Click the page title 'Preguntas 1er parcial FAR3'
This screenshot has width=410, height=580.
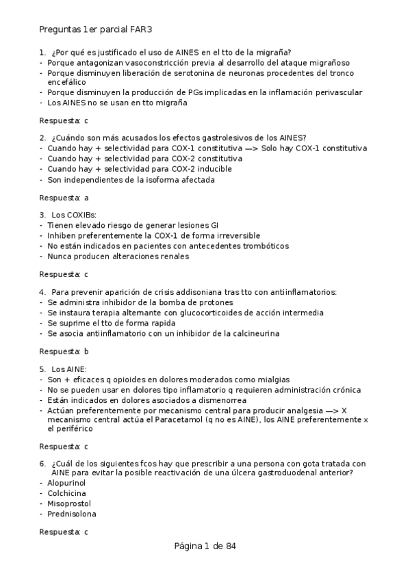click(x=100, y=30)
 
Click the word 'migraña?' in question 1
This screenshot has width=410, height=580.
click(x=273, y=52)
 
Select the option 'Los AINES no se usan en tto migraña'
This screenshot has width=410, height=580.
click(x=118, y=103)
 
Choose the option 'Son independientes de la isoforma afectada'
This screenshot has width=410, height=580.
click(x=131, y=180)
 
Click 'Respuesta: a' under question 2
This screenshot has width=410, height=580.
click(x=64, y=197)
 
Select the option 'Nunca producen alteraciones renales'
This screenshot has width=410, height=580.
click(x=118, y=256)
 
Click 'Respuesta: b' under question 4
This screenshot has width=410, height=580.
click(x=64, y=351)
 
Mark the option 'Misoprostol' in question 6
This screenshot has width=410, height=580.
click(x=69, y=503)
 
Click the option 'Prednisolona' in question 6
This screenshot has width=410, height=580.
click(x=72, y=514)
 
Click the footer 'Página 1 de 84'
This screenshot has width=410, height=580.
click(x=205, y=546)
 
